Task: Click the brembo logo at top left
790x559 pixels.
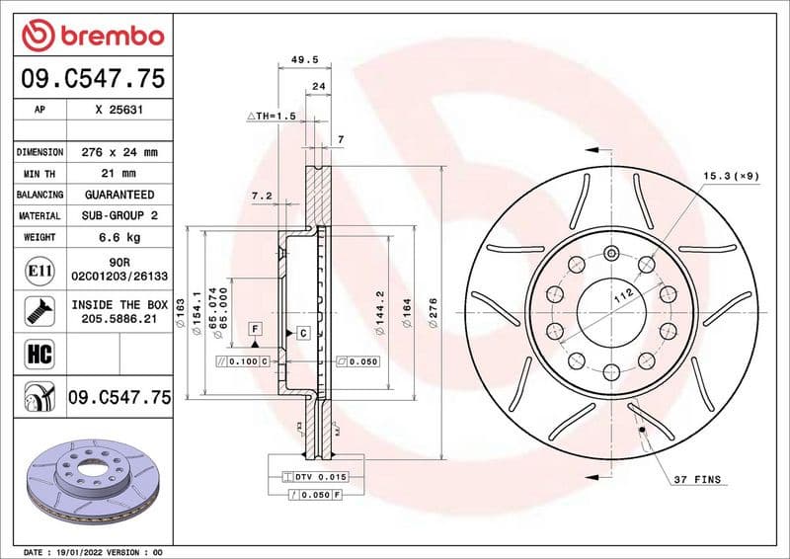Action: (x=92, y=36)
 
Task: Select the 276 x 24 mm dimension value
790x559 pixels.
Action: (x=118, y=152)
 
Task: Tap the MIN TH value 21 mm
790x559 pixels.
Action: (x=118, y=174)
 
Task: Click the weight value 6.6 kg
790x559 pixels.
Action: (x=118, y=237)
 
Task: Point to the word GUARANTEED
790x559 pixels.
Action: (x=118, y=195)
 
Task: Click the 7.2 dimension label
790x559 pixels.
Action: (x=262, y=196)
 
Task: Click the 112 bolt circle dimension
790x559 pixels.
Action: (x=621, y=294)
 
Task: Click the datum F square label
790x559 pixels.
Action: (x=254, y=327)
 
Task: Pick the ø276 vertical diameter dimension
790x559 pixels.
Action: (x=433, y=306)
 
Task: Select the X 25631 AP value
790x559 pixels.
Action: (x=118, y=111)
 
